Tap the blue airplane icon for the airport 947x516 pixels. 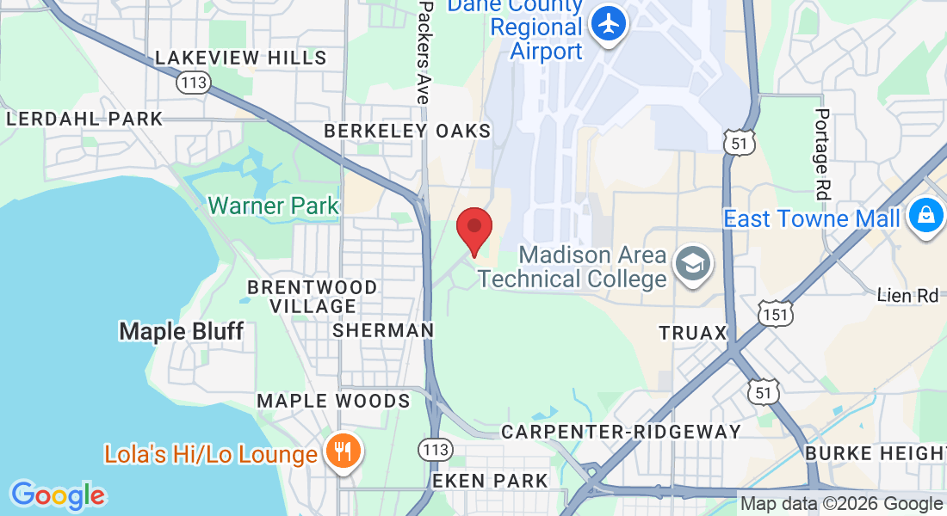pos(610,23)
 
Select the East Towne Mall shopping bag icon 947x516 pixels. pos(925,216)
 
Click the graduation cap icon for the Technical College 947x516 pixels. pos(692,264)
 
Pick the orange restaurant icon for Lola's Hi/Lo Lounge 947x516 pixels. pos(343,452)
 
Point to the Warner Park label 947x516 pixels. pos(274,206)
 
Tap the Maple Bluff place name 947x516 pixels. pos(181,331)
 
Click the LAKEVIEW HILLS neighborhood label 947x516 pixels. pos(241,58)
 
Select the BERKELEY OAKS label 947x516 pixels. pos(407,131)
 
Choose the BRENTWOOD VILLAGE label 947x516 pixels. pos(313,296)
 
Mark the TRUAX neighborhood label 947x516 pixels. pos(694,332)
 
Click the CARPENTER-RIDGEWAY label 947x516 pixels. pos(622,432)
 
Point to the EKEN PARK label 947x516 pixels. pos(490,480)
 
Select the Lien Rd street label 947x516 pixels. pos(907,295)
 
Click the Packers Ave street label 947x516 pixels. pos(424,52)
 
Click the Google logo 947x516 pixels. pos(58,495)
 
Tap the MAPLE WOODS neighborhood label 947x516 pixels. pos(333,401)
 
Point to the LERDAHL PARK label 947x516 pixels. pos(84,120)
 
